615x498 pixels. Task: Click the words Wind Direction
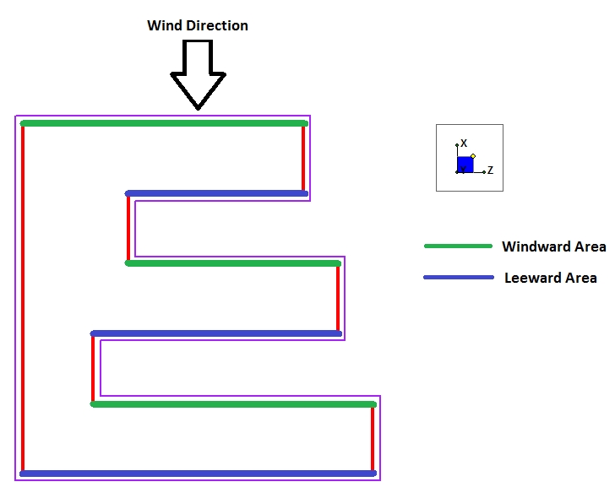click(198, 25)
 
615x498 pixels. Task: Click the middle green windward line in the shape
click(232, 263)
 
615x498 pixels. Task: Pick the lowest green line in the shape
click(232, 404)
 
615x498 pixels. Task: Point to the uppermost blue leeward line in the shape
click(216, 193)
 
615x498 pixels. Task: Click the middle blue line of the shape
click(216, 333)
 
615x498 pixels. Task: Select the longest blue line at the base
click(198, 474)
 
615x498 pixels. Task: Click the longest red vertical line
click(23, 298)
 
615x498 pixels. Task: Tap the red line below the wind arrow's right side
click(303, 159)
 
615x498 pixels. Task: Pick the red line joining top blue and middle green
click(128, 228)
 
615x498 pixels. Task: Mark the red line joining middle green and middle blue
click(338, 299)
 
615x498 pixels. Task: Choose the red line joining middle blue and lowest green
click(93, 369)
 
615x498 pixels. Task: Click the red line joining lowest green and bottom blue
click(373, 439)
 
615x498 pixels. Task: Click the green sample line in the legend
click(458, 246)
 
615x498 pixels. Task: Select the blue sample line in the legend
click(458, 277)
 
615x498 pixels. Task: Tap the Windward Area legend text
click(553, 246)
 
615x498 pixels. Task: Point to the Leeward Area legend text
click(550, 278)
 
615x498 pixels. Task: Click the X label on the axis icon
click(464, 144)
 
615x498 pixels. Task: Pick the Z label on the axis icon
click(490, 171)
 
